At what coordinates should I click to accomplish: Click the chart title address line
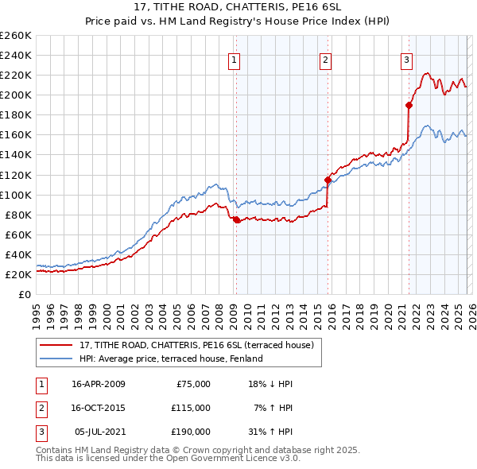pos(238,9)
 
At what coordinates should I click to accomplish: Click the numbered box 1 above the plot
pos(235,59)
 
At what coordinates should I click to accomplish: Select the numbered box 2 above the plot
pos(327,59)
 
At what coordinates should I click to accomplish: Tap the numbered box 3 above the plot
pos(407,59)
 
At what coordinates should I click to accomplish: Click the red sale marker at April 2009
pos(236,219)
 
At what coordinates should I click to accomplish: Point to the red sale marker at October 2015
pos(328,180)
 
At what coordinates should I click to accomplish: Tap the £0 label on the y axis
pos(24,294)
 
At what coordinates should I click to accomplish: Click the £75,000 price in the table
pos(191,384)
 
